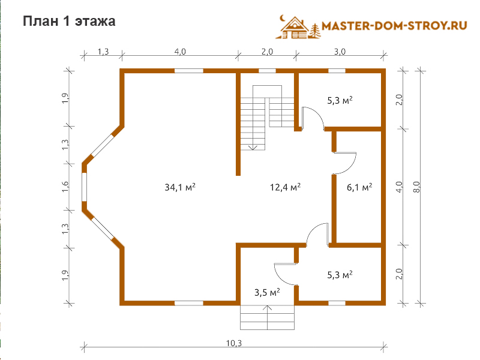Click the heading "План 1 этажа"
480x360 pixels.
pos(69,22)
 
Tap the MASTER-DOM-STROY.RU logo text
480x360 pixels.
pos(394,25)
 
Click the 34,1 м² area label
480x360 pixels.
pos(180,187)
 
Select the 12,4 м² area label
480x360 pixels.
pos(285,187)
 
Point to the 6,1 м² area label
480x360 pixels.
pos(359,187)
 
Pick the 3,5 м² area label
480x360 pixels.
pos(267,292)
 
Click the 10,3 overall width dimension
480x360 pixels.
pos(234,343)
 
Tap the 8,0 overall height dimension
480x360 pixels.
pos(416,187)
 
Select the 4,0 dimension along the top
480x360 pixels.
pos(180,52)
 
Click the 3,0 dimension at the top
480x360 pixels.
pos(340,52)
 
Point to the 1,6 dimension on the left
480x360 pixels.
pos(65,187)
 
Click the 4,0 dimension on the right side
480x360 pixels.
pos(399,187)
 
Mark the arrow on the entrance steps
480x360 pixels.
pos(267,317)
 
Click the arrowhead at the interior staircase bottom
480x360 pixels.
pos(253,148)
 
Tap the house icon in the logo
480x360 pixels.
pos(293,28)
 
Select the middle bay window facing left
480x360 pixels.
pos(84,187)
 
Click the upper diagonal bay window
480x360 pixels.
pos(103,145)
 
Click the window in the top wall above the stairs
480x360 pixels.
pos(267,71)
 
